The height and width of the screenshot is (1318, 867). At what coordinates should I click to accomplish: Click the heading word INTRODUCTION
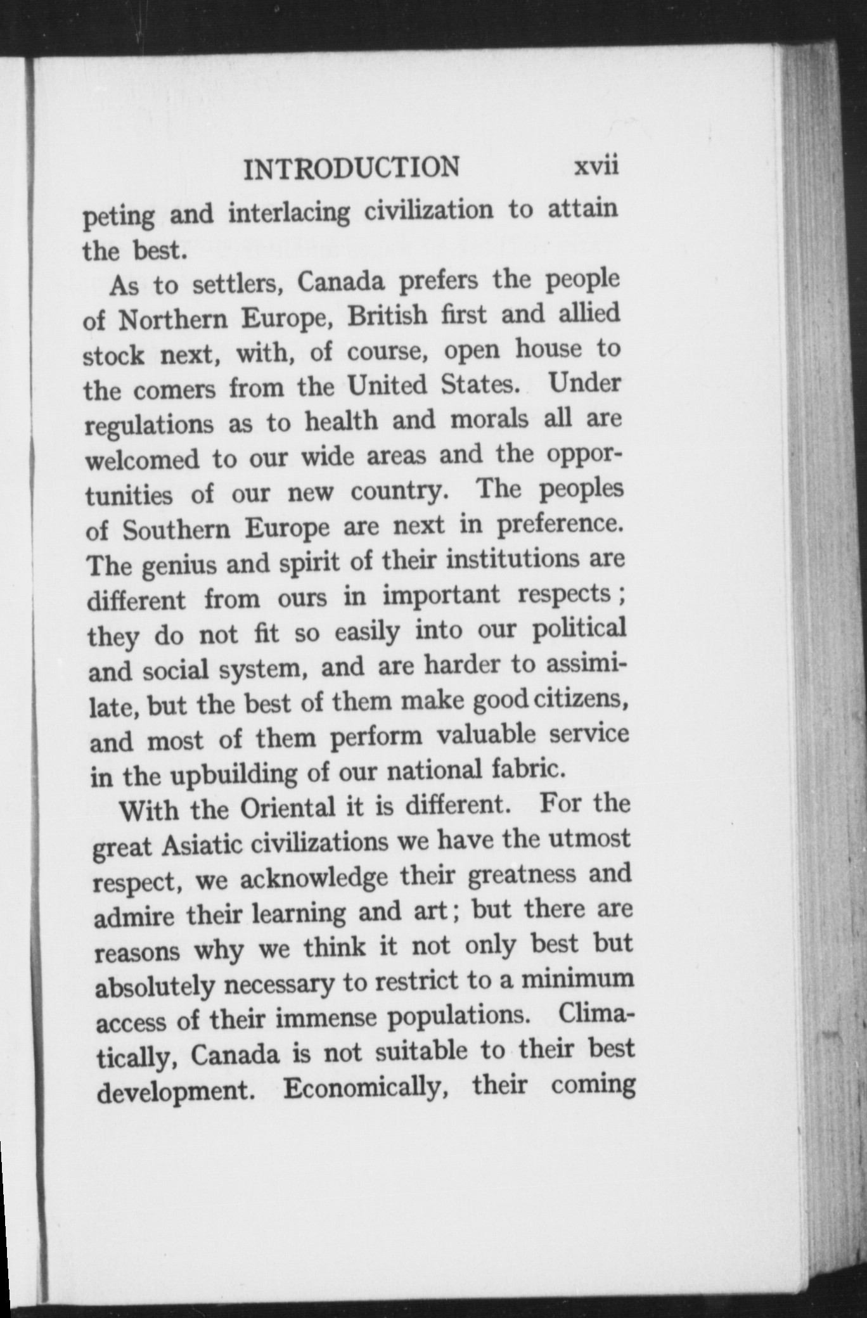tap(352, 168)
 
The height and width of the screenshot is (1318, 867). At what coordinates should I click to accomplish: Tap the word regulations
tap(150, 425)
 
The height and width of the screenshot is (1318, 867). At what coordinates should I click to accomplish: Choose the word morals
tap(489, 420)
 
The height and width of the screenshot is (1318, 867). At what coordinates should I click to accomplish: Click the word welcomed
tap(143, 459)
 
